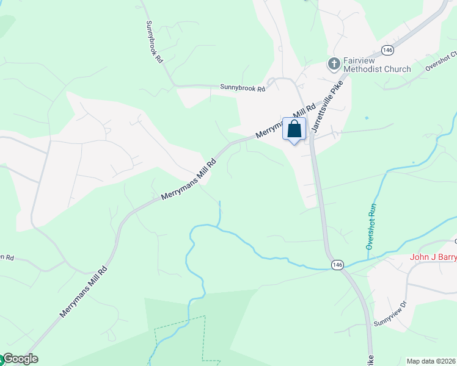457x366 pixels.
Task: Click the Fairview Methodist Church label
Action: tap(376, 65)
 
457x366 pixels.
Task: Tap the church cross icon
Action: tap(334, 64)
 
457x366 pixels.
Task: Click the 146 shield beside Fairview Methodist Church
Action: tap(387, 49)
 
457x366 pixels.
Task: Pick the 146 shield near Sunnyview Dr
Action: tap(337, 265)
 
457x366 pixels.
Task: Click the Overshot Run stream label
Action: tap(370, 226)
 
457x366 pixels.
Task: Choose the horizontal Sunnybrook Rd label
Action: tap(243, 88)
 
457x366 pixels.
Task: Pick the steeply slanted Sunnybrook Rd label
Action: tap(154, 43)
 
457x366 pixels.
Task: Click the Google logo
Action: tap(20, 359)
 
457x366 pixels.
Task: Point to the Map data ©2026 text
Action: tap(431, 361)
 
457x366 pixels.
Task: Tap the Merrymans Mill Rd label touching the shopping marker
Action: tap(284, 121)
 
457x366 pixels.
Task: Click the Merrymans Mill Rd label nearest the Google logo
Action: tap(84, 291)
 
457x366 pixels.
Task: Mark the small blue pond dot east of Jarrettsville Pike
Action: tap(367, 117)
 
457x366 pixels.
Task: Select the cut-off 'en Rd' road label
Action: tap(7, 257)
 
